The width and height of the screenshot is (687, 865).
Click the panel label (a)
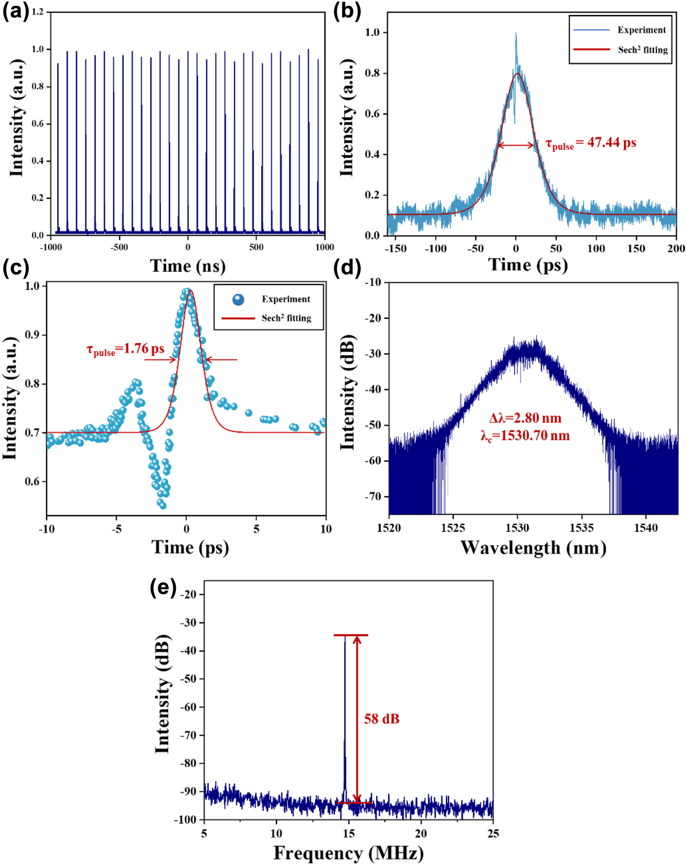(16, 11)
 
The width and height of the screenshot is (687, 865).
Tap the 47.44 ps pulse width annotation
(591, 143)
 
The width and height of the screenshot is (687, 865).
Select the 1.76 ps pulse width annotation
(125, 349)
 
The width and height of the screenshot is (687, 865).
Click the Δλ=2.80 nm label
(525, 418)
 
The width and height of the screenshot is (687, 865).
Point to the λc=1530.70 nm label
(525, 435)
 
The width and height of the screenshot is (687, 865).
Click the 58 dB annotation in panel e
(381, 719)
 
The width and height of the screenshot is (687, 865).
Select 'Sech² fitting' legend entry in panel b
(643, 50)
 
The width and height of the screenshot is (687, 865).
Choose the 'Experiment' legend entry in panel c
(286, 299)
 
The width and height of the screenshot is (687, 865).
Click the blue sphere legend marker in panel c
(238, 299)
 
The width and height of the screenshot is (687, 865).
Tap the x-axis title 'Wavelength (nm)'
(533, 548)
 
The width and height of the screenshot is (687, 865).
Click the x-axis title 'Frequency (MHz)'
(348, 853)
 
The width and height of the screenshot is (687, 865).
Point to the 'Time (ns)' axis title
(188, 266)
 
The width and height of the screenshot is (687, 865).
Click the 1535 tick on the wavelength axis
(581, 528)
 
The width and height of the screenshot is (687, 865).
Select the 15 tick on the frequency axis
(349, 833)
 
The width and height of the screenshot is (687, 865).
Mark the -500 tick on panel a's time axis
(119, 247)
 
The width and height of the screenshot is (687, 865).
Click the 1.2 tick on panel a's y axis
(38, 11)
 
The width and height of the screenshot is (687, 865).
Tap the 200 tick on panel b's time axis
(676, 248)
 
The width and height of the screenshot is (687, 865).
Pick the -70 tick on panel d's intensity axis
(374, 497)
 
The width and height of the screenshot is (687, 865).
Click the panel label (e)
(163, 588)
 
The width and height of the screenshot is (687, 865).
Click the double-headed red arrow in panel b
(516, 145)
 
